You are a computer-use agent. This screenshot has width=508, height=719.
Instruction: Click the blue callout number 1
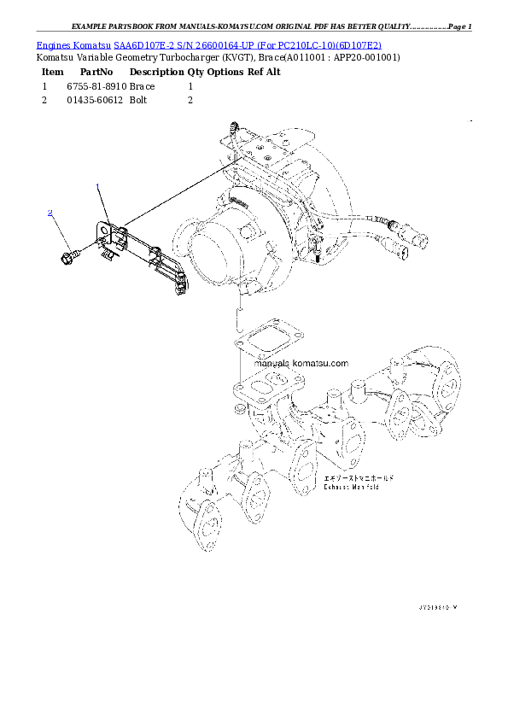98,186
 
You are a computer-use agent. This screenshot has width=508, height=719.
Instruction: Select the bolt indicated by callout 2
69,254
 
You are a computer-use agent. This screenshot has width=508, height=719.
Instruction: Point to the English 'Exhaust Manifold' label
350,488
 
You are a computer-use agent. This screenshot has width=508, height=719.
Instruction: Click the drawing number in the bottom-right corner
438,607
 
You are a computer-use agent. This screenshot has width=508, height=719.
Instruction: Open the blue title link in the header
209,44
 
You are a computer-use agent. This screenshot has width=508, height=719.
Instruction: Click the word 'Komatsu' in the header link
91,44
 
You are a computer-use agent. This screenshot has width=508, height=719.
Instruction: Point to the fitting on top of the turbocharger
232,131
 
